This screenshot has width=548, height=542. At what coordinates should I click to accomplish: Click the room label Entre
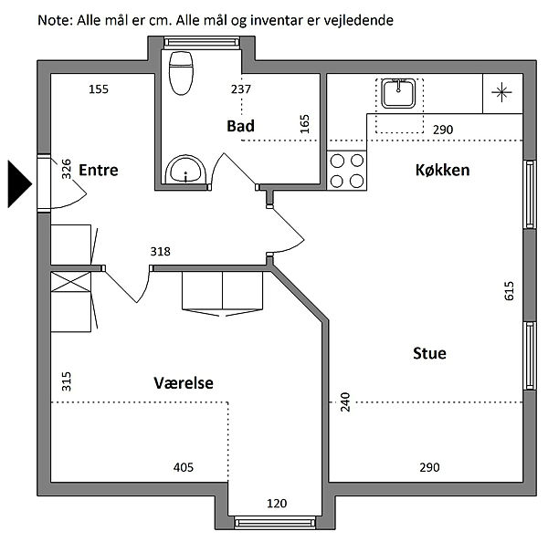click(99, 170)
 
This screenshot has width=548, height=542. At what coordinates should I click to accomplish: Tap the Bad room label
click(240, 126)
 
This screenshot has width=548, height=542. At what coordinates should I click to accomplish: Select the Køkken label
click(442, 170)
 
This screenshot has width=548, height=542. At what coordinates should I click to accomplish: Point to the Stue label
click(428, 352)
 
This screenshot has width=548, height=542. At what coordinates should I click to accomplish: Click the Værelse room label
click(184, 383)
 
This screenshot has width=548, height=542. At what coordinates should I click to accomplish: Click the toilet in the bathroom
click(183, 72)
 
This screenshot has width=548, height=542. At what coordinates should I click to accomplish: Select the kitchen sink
click(399, 93)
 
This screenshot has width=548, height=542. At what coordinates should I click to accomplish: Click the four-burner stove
click(346, 170)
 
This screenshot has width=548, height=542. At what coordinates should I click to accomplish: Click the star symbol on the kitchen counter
click(501, 91)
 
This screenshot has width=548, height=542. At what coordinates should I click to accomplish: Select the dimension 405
click(184, 468)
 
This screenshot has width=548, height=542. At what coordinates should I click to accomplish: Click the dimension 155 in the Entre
click(99, 89)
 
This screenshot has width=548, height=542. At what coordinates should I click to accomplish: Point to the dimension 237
click(240, 89)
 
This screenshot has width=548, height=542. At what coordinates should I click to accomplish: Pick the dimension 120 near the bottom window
click(277, 503)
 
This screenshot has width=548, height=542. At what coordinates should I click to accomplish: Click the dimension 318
click(161, 252)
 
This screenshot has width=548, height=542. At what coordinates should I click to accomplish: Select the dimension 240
click(345, 401)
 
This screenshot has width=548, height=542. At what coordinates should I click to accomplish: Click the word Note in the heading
click(54, 19)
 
